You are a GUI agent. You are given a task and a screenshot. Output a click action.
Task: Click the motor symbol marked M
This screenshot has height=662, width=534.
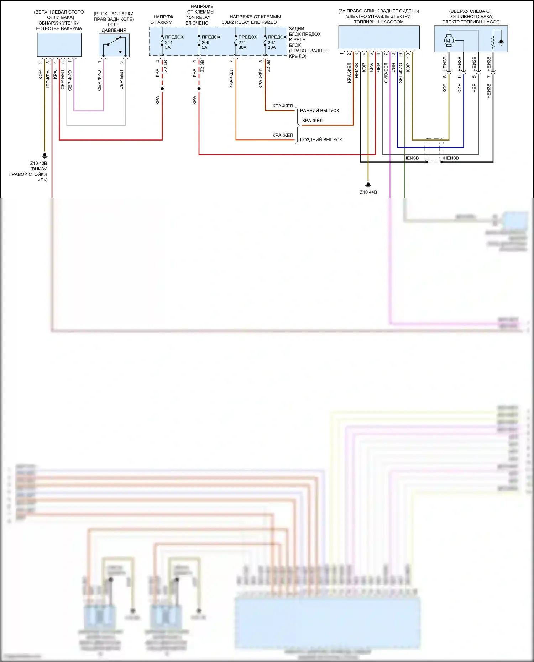tap(448, 41)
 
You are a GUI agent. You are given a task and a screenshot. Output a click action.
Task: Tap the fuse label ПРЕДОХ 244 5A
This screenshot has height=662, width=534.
tap(174, 42)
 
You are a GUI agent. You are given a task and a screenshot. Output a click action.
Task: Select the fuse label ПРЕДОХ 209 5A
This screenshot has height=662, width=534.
tap(211, 42)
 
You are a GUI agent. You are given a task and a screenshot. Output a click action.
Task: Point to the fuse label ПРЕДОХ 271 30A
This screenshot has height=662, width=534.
tap(247, 42)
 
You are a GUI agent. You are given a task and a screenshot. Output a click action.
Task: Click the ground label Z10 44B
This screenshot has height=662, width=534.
tap(368, 192)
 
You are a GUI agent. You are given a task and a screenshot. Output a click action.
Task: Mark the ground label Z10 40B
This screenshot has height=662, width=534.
tap(38, 163)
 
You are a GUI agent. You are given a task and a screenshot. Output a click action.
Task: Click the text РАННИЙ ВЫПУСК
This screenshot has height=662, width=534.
tap(319, 111)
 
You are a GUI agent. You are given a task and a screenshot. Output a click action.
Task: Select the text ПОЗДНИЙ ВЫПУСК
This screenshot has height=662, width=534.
tap(321, 140)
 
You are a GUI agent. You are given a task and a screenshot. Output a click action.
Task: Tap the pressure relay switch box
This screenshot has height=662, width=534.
tap(114, 45)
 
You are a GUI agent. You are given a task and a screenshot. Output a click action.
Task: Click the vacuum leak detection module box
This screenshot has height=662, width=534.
tap(59, 44)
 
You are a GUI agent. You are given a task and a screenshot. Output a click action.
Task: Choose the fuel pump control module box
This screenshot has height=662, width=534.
tap(379, 37)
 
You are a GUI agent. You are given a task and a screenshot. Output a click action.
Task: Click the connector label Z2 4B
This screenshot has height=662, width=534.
tap(166, 66)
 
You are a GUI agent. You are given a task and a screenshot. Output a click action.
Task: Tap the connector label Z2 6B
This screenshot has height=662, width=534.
tap(268, 66)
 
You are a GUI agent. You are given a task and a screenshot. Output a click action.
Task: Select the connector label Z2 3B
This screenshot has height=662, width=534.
tap(202, 66)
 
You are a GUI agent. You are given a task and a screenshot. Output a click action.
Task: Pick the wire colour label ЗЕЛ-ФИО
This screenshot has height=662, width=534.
tap(400, 73)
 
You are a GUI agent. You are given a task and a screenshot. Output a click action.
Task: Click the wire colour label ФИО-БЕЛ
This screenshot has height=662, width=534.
tap(386, 73)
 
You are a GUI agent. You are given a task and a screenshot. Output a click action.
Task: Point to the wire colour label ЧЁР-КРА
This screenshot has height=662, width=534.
tap(48, 79)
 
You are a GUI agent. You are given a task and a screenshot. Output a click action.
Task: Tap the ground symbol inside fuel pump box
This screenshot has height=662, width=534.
tap(501, 42)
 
